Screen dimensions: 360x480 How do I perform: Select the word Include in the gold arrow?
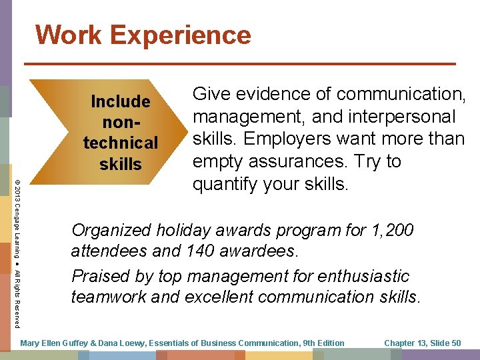click(121, 102)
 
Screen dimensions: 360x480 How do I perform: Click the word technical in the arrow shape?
click(121, 143)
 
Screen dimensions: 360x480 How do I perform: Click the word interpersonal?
click(402, 117)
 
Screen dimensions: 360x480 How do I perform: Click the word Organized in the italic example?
click(112, 231)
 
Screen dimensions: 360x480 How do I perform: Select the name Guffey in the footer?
click(68, 343)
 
